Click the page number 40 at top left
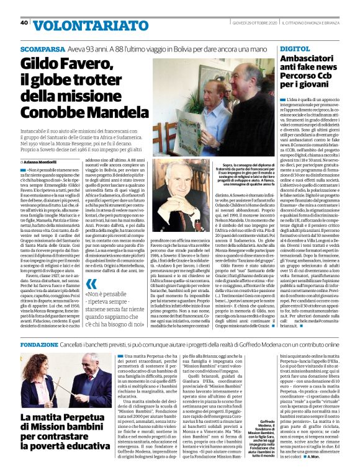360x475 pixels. pyautogui.click(x=24, y=23)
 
